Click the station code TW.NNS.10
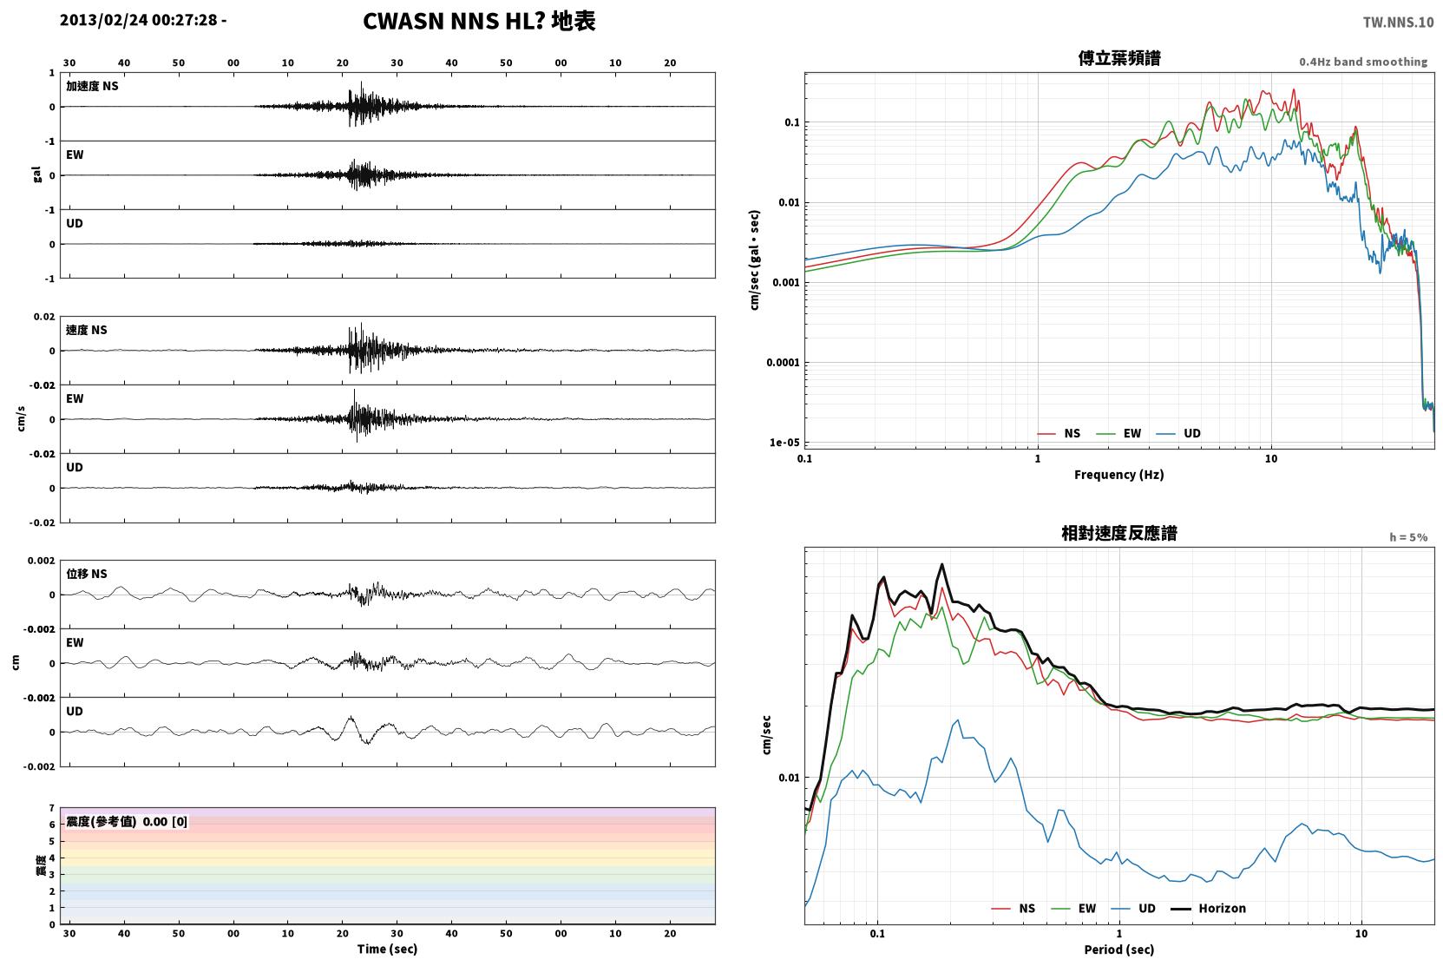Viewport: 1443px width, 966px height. (x=1398, y=23)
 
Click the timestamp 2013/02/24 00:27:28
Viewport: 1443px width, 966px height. (x=139, y=20)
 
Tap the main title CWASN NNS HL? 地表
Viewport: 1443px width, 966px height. (x=479, y=22)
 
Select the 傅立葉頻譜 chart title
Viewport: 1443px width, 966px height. (x=1119, y=59)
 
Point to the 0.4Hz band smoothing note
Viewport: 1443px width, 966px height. (x=1363, y=62)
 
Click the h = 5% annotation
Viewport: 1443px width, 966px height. (x=1408, y=536)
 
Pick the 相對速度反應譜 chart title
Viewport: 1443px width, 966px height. (x=1119, y=533)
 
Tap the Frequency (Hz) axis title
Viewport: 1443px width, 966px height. (x=1119, y=475)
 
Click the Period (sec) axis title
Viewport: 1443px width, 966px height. (x=1119, y=950)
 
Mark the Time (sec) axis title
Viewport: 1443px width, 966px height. (x=387, y=949)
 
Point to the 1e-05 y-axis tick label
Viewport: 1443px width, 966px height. (x=784, y=442)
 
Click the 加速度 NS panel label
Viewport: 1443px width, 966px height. (x=92, y=86)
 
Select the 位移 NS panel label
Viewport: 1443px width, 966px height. (x=86, y=574)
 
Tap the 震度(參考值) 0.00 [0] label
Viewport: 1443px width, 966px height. (x=127, y=822)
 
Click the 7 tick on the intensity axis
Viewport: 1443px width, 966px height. (x=52, y=808)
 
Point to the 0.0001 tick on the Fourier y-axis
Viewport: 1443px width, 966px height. (x=783, y=362)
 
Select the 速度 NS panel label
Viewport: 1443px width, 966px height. (x=86, y=330)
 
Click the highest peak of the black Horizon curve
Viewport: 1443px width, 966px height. (x=941, y=564)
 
